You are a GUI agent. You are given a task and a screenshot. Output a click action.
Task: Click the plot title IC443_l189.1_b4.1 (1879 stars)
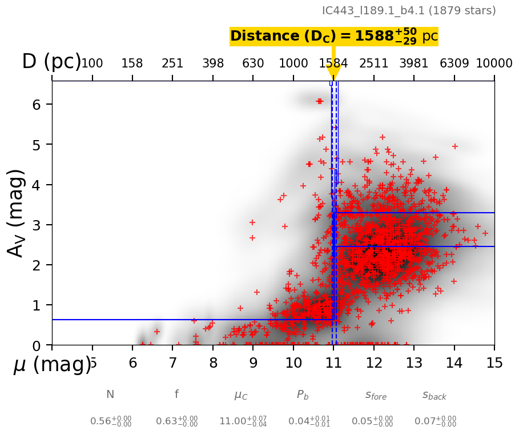point(409,11)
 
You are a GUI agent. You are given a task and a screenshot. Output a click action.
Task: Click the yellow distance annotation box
point(333,37)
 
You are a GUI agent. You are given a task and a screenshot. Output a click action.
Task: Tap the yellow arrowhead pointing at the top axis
point(334,73)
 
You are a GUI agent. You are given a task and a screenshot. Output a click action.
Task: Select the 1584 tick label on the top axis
point(333,63)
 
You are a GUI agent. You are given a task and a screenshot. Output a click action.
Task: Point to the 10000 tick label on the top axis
point(493,63)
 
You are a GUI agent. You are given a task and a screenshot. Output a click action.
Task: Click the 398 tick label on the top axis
point(213,63)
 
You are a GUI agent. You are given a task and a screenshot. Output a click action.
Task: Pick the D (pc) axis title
point(51,62)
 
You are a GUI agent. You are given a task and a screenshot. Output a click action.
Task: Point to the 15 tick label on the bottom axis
point(494,363)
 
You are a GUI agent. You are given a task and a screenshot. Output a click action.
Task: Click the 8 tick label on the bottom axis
point(213,363)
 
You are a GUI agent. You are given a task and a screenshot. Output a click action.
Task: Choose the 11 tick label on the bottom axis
point(333,363)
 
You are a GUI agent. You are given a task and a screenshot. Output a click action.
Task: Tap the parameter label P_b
point(303,395)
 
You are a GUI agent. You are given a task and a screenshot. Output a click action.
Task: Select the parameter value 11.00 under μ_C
point(243,421)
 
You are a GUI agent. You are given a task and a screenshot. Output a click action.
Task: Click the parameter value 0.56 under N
point(110,421)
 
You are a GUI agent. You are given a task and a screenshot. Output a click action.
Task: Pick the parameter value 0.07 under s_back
point(435,421)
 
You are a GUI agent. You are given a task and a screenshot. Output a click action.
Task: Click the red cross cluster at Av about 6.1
point(319,101)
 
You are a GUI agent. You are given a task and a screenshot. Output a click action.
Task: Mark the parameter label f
point(176,394)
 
